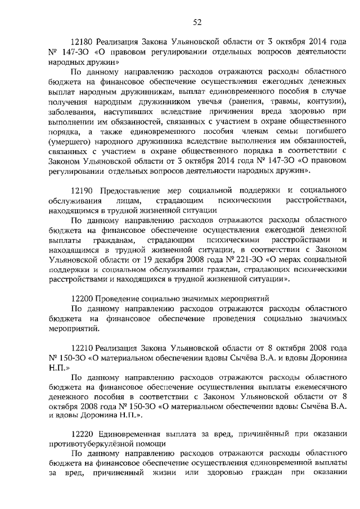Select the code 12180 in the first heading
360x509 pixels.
(x=82, y=42)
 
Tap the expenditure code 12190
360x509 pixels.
(x=82, y=191)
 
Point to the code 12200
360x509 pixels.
(x=82, y=299)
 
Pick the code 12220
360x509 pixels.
(x=82, y=432)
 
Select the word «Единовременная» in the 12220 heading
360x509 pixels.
(x=130, y=432)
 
